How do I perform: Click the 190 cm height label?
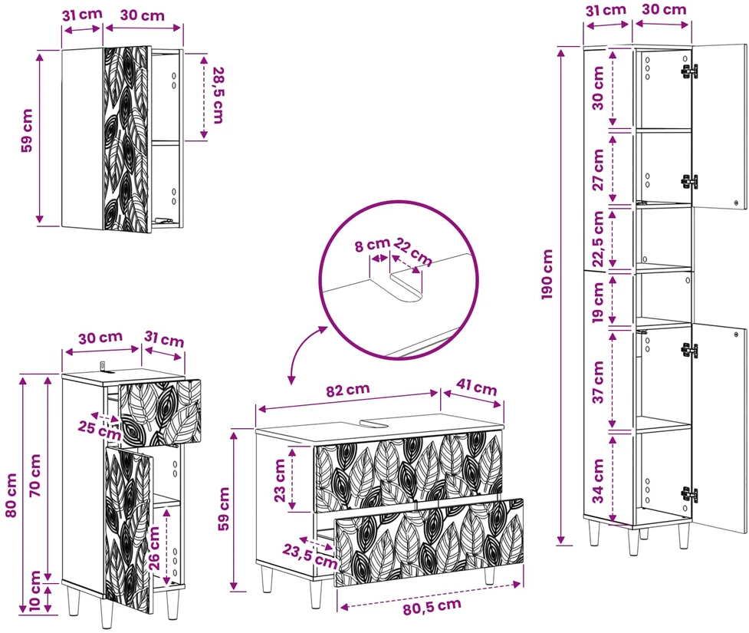coord(547,275)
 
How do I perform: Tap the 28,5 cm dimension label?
coord(218,95)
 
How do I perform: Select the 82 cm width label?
coord(348,390)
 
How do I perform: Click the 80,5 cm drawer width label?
coord(432,607)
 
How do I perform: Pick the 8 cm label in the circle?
coord(372,246)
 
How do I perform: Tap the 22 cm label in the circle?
coord(413,252)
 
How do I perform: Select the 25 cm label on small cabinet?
coord(100,430)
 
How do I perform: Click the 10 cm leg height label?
coord(35,591)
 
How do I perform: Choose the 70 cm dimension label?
coord(35,475)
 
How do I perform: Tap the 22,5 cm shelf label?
coord(598,239)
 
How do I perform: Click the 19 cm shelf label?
coord(598,302)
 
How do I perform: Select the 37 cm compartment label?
coord(598,382)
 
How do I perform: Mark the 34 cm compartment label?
coord(598,481)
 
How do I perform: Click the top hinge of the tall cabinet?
coord(688,71)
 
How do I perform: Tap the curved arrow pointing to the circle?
coord(303,352)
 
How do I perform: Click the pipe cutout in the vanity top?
coord(377,423)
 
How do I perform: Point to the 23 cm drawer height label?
coord(280,480)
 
